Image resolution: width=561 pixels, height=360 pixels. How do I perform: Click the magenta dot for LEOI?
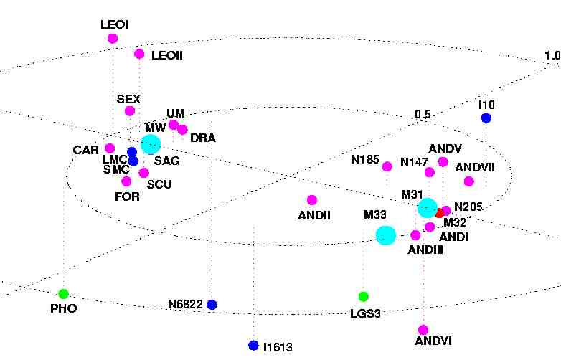113,39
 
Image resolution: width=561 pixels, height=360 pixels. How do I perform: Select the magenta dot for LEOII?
139,54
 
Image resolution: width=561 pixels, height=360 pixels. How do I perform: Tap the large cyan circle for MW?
150,144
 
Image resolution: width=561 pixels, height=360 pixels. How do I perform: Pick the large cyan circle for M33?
386,235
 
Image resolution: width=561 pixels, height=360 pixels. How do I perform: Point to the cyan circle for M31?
428,208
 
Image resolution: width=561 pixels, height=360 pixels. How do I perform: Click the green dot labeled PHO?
63,293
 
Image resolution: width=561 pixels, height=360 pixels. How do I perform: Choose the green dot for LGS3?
364,297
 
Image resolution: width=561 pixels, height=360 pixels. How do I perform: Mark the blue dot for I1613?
253,345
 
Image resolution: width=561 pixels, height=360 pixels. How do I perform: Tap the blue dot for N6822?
212,305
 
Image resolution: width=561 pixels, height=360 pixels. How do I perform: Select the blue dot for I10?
486,118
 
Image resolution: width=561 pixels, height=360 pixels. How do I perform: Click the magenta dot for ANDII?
311,200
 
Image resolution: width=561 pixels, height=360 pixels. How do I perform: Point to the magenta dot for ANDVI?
424,329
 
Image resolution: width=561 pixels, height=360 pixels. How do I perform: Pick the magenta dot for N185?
387,166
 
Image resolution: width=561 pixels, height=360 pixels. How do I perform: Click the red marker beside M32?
440,213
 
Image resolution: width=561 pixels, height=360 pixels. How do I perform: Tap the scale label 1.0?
552,56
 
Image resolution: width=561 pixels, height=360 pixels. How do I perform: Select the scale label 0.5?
423,114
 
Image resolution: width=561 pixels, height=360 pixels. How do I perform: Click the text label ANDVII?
475,167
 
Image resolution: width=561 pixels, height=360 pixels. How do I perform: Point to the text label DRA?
203,138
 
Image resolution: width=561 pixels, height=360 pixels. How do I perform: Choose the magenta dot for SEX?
130,111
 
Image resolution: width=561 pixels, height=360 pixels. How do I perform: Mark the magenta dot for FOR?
127,181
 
